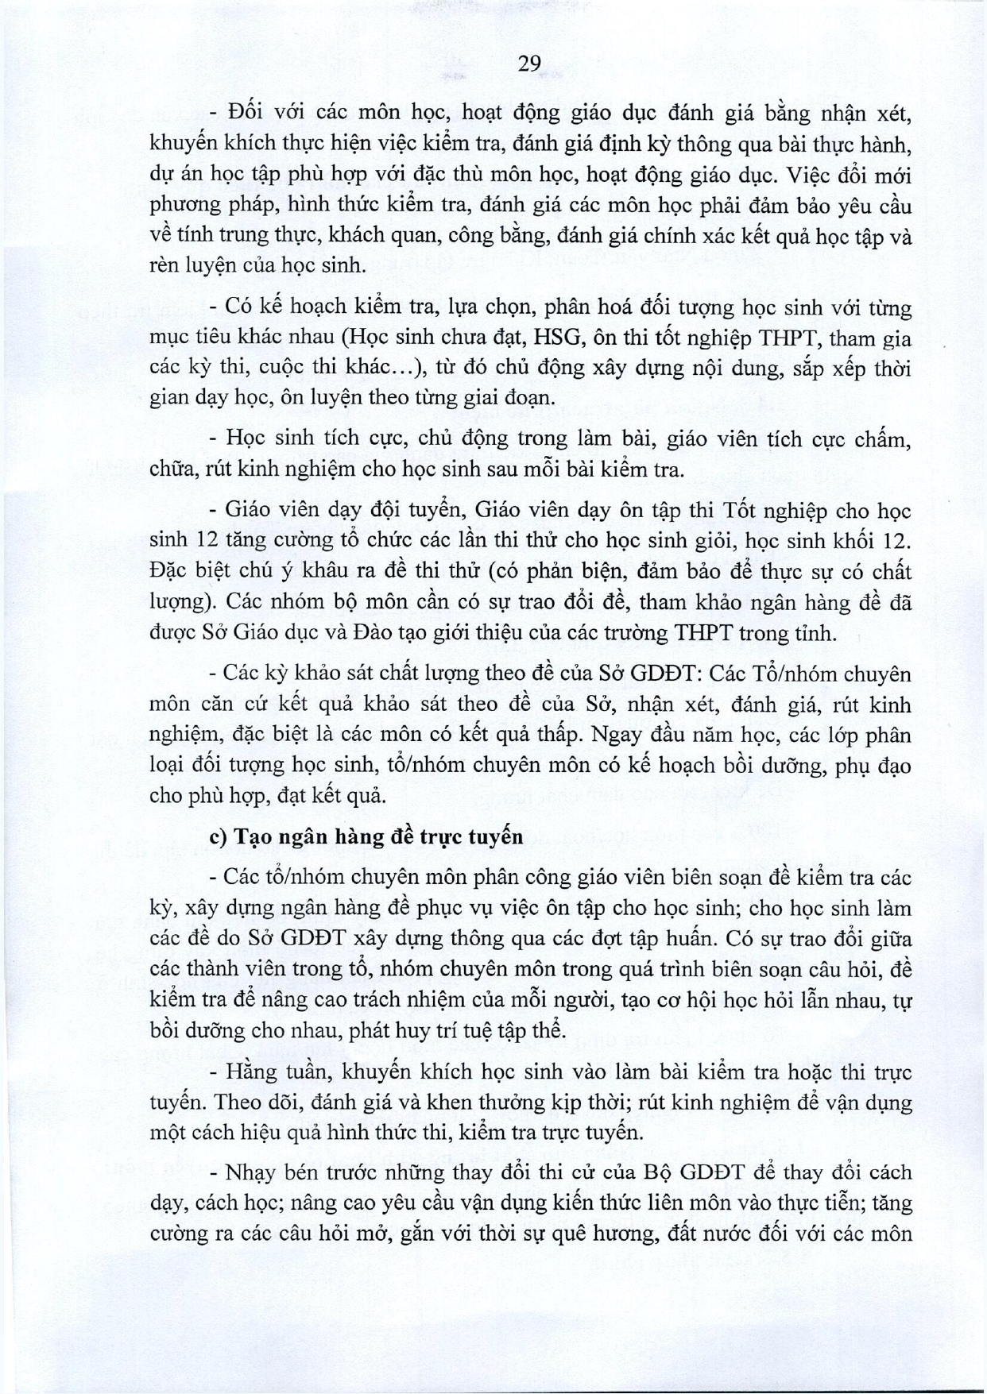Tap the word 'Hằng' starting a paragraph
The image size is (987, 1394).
pos(249,1072)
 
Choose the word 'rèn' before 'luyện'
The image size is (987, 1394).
pos(165,266)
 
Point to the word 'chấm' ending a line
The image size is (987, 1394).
pos(884,439)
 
